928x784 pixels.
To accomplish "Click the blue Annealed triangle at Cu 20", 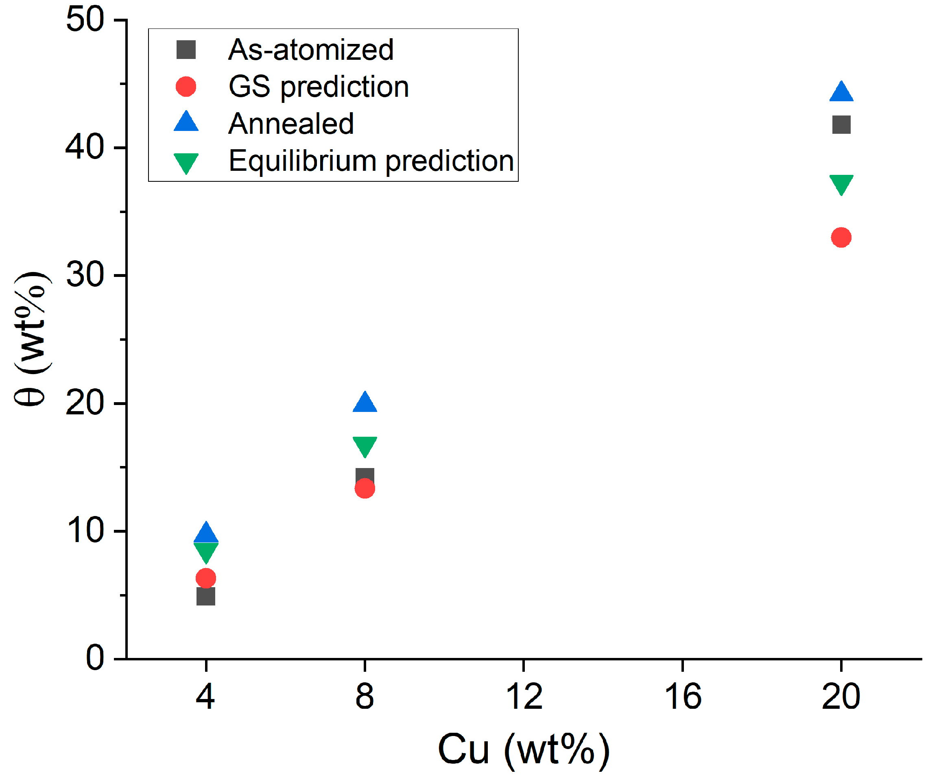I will [841, 93].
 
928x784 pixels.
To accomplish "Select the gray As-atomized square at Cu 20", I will [841, 125].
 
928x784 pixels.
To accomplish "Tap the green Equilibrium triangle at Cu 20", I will [841, 183].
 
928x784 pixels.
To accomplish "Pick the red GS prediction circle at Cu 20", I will [841, 238].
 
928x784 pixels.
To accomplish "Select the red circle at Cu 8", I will [365, 489].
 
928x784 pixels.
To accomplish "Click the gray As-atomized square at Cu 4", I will [205, 597].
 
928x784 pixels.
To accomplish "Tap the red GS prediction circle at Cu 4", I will [205, 578].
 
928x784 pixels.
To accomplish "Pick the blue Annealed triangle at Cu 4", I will [205, 533].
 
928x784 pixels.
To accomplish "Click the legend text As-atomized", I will [310, 49].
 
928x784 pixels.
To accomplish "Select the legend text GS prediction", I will [319, 87].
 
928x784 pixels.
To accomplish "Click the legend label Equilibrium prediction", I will [371, 161].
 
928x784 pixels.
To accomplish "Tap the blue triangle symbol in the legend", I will [186, 122].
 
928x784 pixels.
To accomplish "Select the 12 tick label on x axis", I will [524, 697].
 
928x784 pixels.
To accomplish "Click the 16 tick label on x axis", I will [683, 697].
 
